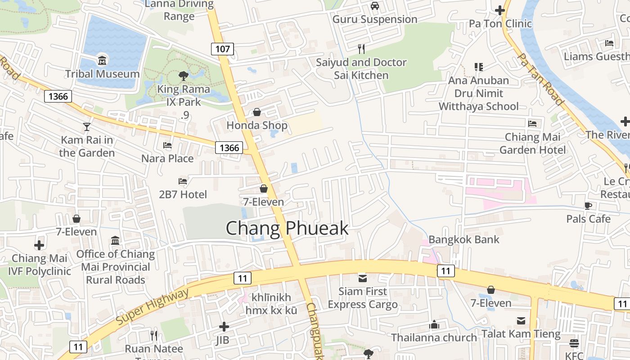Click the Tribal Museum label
(x=102, y=74)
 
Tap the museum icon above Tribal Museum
(x=102, y=60)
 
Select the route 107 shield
(x=223, y=49)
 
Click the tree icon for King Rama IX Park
(x=183, y=76)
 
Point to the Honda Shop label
(x=256, y=125)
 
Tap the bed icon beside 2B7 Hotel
(x=183, y=181)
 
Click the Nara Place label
(x=167, y=158)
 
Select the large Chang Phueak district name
(x=287, y=229)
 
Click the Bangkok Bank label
(x=464, y=239)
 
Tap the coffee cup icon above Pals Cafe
(x=588, y=206)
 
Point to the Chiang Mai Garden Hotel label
(x=532, y=143)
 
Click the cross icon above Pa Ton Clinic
(x=499, y=10)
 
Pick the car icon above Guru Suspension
(x=374, y=6)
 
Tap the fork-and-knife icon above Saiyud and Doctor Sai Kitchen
(x=361, y=49)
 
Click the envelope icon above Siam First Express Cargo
(x=362, y=278)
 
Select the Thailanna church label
(x=434, y=337)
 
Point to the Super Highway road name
(x=152, y=307)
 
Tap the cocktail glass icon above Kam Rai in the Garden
(x=87, y=127)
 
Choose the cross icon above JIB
(x=224, y=327)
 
